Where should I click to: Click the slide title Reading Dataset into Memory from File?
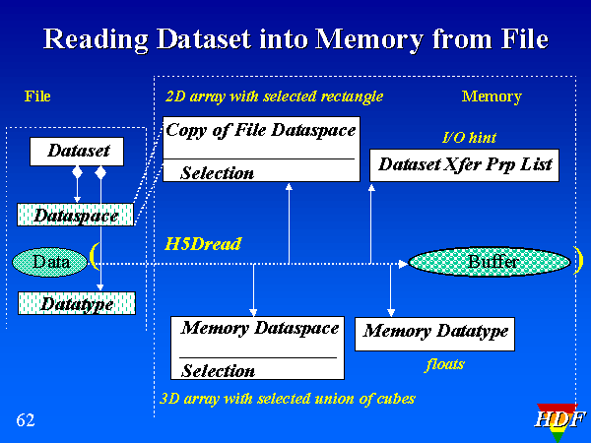coord(295,39)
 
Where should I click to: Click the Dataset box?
coord(78,152)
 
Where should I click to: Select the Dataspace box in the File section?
coord(76,215)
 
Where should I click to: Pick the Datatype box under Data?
coord(76,303)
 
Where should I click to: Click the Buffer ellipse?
coord(490,262)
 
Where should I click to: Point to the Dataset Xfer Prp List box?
coord(465,165)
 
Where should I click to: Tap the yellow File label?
coord(37,96)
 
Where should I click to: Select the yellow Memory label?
coord(492,96)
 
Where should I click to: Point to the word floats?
coord(444,365)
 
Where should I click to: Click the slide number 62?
coord(26,421)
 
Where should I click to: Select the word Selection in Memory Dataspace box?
coord(219,371)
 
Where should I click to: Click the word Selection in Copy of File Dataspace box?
coord(218,173)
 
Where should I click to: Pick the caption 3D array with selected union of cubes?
coord(287,399)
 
